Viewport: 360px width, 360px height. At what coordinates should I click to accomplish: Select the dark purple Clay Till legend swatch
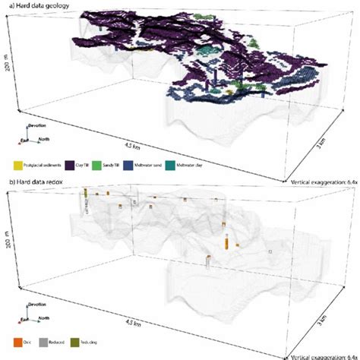click(68, 163)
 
